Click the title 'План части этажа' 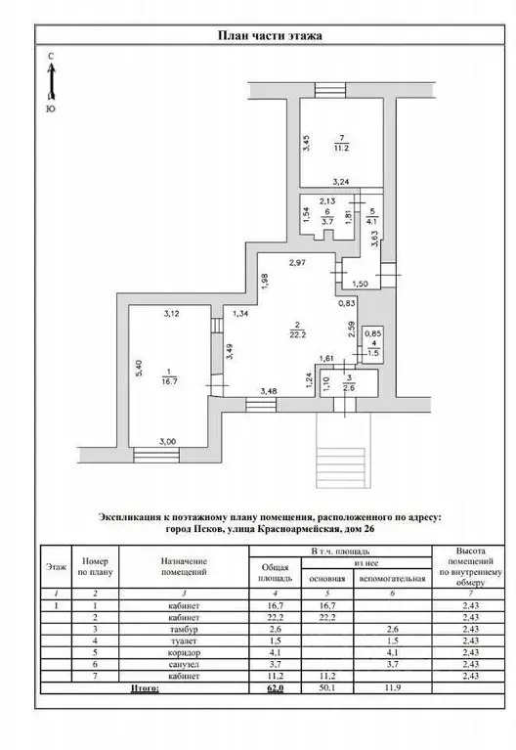pos(268,36)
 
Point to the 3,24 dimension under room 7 pos(340,182)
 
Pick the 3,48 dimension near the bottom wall pos(267,392)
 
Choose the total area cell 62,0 pos(278,688)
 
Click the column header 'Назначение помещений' pos(183,566)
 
